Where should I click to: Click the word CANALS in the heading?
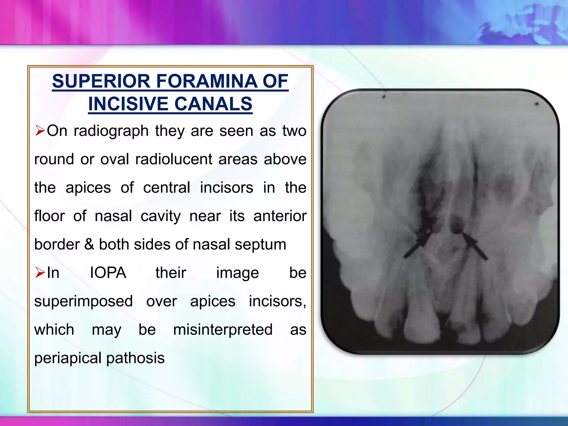213,104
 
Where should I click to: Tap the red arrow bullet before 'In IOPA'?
40,273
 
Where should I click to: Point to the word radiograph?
111,131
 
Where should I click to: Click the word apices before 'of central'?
88,188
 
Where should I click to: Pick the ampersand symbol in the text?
89,244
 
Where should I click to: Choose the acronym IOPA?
108,273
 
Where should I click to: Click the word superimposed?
83,301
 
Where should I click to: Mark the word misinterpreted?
223,330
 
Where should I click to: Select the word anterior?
280,216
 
